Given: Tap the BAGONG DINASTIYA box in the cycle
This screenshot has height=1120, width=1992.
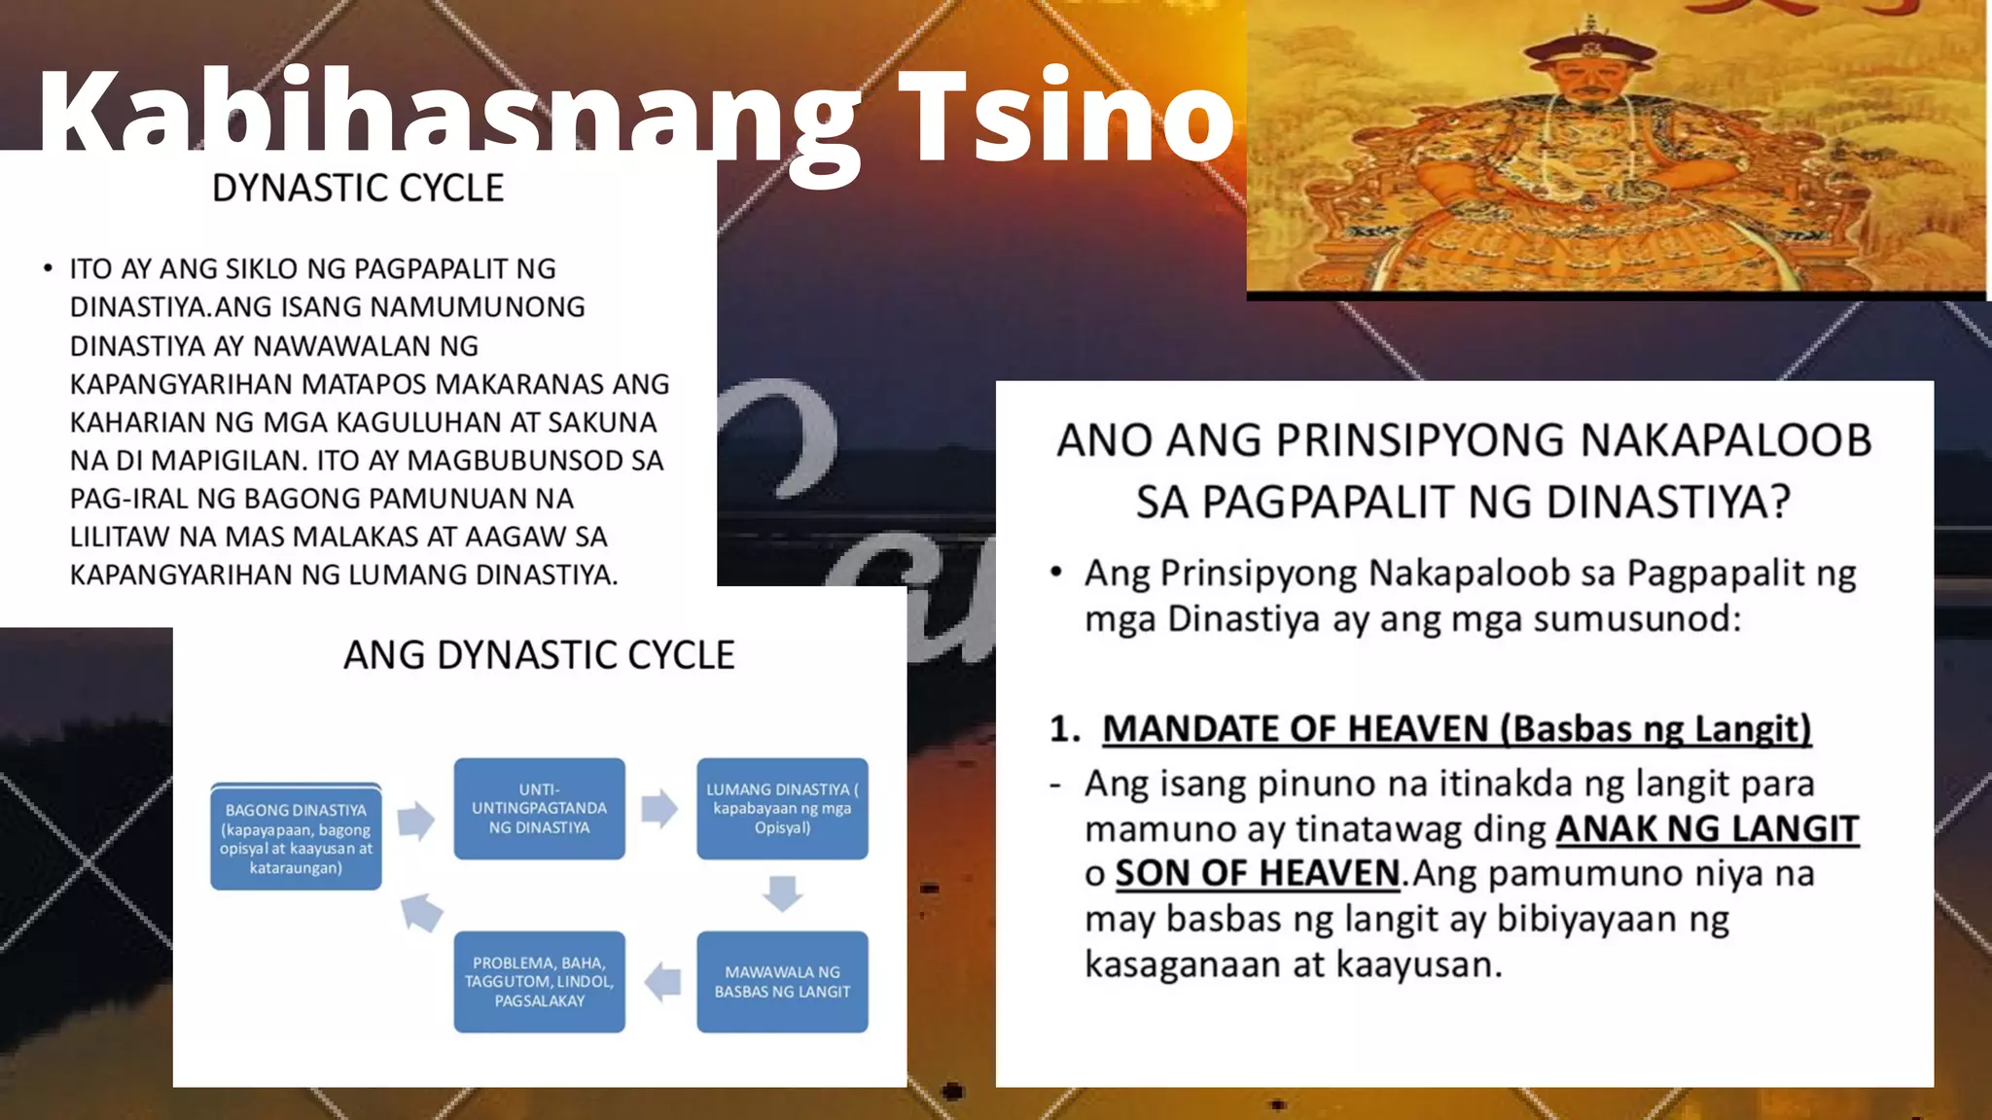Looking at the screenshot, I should click(x=296, y=837).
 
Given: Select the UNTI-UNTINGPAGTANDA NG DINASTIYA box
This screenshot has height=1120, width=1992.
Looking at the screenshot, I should click(x=539, y=809).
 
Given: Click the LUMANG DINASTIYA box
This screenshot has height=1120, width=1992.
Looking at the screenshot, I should click(x=782, y=809).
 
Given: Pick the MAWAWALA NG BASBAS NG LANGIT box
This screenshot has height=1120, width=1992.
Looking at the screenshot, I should click(x=782, y=982).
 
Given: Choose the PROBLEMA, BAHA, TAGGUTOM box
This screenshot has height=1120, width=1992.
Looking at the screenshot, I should click(x=539, y=982).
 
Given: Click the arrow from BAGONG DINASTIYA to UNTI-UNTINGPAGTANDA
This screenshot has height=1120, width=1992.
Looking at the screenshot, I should click(x=416, y=820).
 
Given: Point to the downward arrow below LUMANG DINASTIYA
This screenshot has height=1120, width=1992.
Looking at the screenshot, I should click(x=782, y=892).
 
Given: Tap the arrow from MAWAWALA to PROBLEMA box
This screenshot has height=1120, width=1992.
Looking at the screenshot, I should click(x=663, y=982).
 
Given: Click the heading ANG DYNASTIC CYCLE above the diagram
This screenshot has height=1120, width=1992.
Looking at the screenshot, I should click(x=539, y=655).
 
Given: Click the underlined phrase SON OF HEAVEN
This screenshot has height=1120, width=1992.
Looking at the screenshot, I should click(x=1257, y=873).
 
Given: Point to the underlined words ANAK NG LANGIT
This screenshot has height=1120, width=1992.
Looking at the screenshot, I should click(x=1707, y=828).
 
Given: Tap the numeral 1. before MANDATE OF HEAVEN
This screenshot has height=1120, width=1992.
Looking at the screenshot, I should click(x=1065, y=729).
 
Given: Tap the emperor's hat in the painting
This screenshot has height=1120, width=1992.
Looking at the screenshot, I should click(x=1591, y=44).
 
